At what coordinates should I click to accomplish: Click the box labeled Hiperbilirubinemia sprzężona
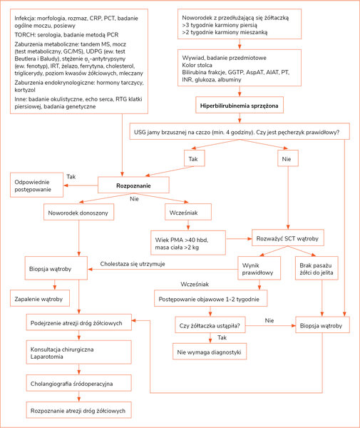pyautogui.click(x=240, y=105)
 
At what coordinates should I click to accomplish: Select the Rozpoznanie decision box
pyautogui.click(x=133, y=185)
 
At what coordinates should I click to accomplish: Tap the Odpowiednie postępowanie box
pyautogui.click(x=36, y=185)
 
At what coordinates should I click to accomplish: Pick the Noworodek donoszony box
pyautogui.click(x=78, y=212)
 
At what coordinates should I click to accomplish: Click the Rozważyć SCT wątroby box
pyautogui.click(x=288, y=238)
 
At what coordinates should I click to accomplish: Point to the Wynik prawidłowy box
pyautogui.click(x=259, y=268)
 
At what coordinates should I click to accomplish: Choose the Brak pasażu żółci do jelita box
pyautogui.click(x=317, y=268)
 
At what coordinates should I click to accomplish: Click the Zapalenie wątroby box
pyautogui.click(x=39, y=298)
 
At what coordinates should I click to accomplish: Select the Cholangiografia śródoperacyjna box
pyautogui.click(x=78, y=383)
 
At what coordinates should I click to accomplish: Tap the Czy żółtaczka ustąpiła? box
pyautogui.click(x=210, y=325)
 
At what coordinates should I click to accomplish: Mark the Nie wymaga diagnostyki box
pyautogui.click(x=210, y=352)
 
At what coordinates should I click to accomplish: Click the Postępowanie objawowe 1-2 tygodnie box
pyautogui.click(x=210, y=298)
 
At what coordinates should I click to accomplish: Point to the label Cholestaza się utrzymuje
pyautogui.click(x=133, y=264)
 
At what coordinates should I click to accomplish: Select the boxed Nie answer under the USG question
pyautogui.click(x=288, y=158)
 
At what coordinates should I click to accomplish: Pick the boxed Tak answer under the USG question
pyautogui.click(x=194, y=158)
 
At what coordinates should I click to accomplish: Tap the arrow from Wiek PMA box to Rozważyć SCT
pyautogui.click(x=239, y=238)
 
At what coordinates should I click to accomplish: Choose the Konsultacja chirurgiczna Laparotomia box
pyautogui.click(x=78, y=352)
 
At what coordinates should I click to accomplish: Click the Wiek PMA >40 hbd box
pyautogui.click(x=188, y=243)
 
